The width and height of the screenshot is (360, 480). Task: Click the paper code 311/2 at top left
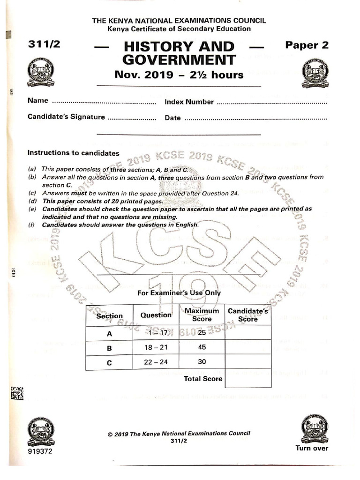pyautogui.click(x=44, y=45)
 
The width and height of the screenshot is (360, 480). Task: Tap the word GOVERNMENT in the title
pyautogui.click(x=179, y=60)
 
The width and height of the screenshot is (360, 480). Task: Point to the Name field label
pyautogui.click(x=38, y=101)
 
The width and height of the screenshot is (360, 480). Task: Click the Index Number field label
pyautogui.click(x=189, y=102)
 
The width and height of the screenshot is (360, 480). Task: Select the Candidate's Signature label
pyautogui.click(x=66, y=117)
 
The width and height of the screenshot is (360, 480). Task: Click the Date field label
pyautogui.click(x=172, y=118)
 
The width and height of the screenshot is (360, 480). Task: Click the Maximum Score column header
pyautogui.click(x=202, y=315)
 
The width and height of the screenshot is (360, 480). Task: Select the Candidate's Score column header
pyautogui.click(x=247, y=315)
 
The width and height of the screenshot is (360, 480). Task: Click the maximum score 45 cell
pyautogui.click(x=202, y=348)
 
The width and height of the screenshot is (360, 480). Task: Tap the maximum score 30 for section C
pyautogui.click(x=202, y=362)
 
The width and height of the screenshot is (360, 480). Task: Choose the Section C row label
pyautogui.click(x=109, y=362)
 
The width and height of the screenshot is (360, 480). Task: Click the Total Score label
pyautogui.click(x=203, y=378)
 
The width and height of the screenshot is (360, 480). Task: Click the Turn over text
pyautogui.click(x=312, y=448)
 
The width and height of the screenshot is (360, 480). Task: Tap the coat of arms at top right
pyautogui.click(x=315, y=74)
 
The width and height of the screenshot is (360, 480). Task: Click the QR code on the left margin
pyautogui.click(x=17, y=394)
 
